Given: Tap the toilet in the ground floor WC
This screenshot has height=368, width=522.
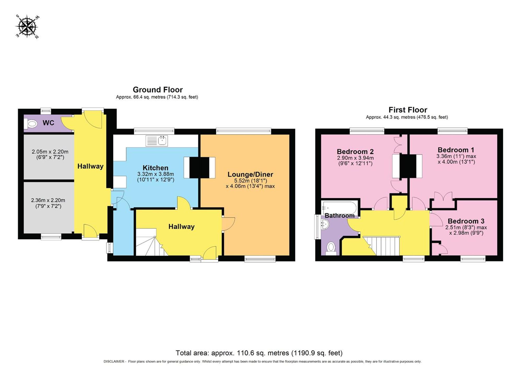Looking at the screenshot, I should tap(31, 124).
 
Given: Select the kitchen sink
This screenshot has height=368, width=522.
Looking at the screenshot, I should tap(157, 141).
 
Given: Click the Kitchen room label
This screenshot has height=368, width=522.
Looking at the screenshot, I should tap(155, 168).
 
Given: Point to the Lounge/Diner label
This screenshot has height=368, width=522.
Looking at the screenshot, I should tap(250, 174).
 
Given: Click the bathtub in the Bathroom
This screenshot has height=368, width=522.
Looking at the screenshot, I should tap(340, 208).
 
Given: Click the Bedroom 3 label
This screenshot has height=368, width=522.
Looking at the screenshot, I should tap(466, 221).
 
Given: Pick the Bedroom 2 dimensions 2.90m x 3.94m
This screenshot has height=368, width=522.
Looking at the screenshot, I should tap(355, 158).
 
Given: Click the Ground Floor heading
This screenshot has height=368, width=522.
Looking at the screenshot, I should tap(158, 90).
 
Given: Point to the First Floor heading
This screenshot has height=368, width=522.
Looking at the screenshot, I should tap(408, 110).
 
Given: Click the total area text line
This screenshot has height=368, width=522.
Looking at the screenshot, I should tap(259, 353).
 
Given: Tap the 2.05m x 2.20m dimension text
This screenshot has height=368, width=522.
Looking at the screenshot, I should tap(50, 152).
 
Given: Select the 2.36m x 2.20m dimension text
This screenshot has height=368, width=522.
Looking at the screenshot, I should tap(48, 200).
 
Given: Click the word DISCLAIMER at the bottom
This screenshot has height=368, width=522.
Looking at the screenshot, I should tap(114, 361).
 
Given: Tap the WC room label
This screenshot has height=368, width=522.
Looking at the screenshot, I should tap(48, 123).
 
